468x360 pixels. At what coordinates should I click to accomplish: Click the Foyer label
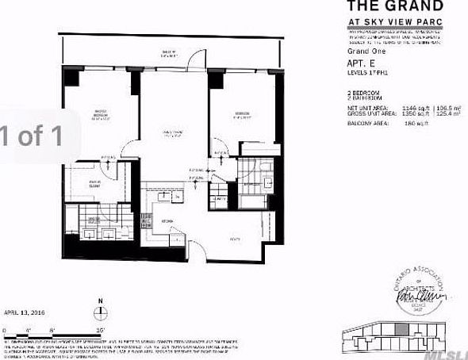[235, 237]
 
